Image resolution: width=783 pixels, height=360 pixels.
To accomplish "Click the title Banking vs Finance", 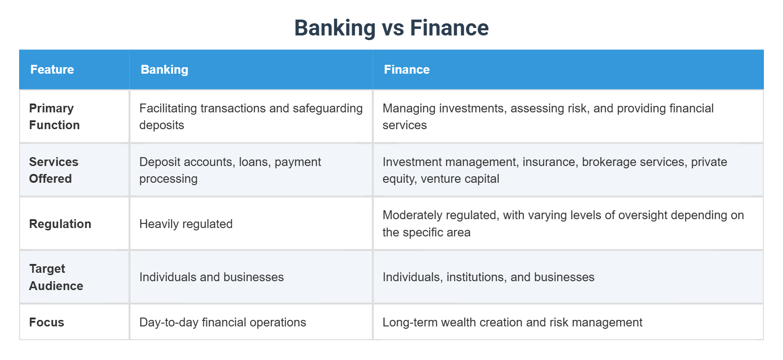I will click(x=391, y=28).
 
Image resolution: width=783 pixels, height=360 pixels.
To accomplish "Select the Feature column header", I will click(x=52, y=69).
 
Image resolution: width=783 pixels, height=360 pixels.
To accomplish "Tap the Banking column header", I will click(x=164, y=69).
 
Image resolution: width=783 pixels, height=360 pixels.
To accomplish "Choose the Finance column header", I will click(x=406, y=69).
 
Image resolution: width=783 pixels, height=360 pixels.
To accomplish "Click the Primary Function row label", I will click(x=54, y=117).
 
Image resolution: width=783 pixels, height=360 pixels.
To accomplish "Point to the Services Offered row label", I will click(x=53, y=170).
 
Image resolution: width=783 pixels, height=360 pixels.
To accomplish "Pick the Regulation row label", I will click(x=60, y=224).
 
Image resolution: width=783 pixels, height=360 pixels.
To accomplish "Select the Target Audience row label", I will click(x=56, y=277).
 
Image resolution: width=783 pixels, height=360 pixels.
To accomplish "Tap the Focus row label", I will click(x=47, y=322).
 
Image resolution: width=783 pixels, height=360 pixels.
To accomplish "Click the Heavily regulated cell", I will click(x=186, y=224).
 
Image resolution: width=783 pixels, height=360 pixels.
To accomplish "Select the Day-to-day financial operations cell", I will click(x=222, y=322).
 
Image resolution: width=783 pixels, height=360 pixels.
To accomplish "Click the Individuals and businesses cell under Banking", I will click(x=211, y=277).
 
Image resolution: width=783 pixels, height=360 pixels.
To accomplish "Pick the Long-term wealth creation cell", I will click(x=512, y=322).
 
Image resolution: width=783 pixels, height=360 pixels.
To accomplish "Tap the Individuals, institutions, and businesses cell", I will click(x=488, y=277).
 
